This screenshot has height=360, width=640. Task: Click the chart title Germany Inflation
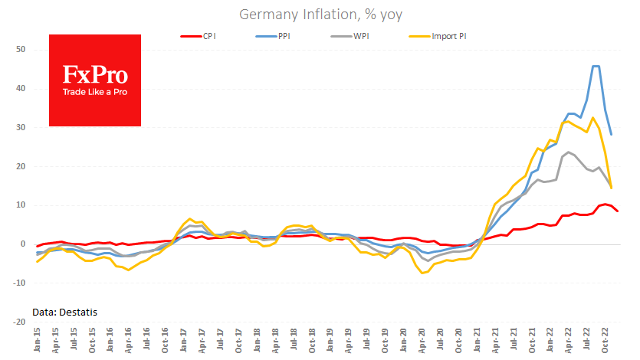click(x=320, y=14)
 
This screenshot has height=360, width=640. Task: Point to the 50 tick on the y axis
click(x=20, y=50)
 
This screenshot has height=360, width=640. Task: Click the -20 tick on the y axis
click(x=18, y=322)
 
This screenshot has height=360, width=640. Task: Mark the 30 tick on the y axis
click(x=20, y=128)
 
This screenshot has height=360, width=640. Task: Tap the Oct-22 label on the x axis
click(x=606, y=342)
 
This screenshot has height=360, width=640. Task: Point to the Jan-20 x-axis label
click(x=403, y=342)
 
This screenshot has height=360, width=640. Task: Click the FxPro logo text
click(x=94, y=75)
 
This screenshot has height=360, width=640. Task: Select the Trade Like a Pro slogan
click(x=94, y=93)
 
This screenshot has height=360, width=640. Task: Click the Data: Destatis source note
click(x=64, y=312)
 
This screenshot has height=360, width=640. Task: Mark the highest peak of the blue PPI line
click(x=596, y=66)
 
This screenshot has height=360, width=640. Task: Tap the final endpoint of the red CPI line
click(x=618, y=211)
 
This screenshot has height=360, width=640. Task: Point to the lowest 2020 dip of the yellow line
click(x=422, y=273)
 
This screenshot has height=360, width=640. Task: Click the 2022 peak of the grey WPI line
click(x=568, y=152)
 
